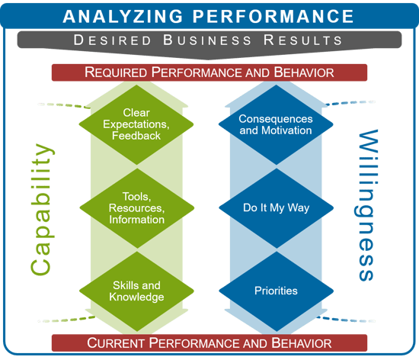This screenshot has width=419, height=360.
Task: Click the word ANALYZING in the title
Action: [x=123, y=16]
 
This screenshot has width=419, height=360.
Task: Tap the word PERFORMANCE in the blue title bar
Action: [x=273, y=16]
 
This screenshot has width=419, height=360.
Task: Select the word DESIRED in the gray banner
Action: [x=113, y=40]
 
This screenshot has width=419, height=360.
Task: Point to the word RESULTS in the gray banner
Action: [x=302, y=40]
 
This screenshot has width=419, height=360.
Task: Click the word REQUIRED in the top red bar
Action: [x=116, y=72]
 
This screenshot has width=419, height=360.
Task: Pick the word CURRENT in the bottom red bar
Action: [x=116, y=343]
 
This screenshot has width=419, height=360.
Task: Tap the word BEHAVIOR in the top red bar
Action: [x=304, y=72]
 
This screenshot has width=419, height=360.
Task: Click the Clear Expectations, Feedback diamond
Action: [x=136, y=124]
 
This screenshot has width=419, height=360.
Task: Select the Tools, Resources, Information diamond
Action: [x=137, y=208]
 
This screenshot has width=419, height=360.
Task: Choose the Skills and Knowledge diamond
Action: [x=136, y=291]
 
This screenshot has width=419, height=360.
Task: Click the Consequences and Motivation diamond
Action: [x=276, y=124]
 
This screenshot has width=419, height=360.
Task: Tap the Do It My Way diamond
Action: [x=277, y=208]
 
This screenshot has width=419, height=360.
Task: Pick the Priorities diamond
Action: [x=277, y=291]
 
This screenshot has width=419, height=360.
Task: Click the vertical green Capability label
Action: [x=42, y=210]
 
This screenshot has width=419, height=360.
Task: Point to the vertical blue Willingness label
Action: [x=367, y=205]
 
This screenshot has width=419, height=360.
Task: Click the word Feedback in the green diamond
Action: [x=136, y=136]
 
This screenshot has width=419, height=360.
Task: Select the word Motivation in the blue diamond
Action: [x=286, y=130]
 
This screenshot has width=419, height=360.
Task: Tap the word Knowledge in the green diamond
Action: [x=136, y=297]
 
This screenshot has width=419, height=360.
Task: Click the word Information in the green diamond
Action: [x=137, y=220]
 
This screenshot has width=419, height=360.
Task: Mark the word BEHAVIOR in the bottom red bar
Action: [x=302, y=343]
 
